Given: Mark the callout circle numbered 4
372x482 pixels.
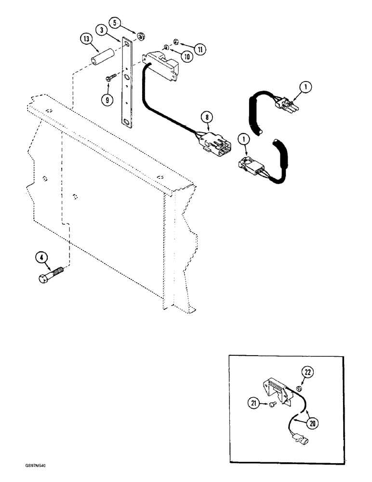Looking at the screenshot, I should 43,257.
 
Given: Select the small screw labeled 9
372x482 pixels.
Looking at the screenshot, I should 111,76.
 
